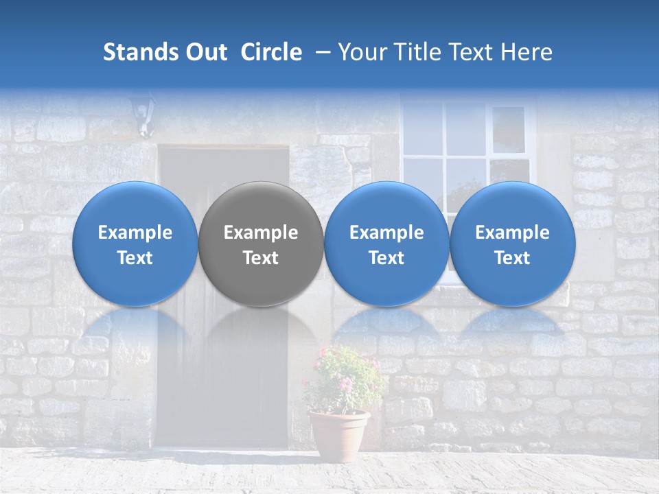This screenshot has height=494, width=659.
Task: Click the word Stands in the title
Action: [x=139, y=52]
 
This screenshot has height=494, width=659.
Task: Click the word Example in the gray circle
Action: [x=261, y=233]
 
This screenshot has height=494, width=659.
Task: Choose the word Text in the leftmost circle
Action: [x=135, y=258]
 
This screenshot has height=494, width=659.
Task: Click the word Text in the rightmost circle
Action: [x=513, y=258]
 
